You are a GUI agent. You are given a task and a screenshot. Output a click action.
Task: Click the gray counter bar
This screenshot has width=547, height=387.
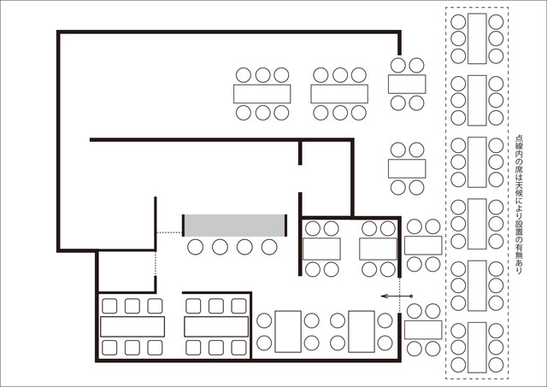tap(234, 226)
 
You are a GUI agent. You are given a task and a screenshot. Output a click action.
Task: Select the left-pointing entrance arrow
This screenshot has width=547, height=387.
tap(397, 296)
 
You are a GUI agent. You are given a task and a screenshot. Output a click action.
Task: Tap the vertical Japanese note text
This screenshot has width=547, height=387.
tap(519, 204)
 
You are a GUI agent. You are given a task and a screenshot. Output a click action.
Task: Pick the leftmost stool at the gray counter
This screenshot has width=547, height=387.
tap(195, 247)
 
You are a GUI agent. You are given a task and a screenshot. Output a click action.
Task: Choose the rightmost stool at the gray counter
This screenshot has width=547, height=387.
tap(269, 247)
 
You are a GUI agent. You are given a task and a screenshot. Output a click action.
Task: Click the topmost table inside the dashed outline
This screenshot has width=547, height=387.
tap(477, 38)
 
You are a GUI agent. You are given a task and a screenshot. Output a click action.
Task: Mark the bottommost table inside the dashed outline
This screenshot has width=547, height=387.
tap(477, 348)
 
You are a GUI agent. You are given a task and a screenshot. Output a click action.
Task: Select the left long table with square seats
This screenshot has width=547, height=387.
tap(132, 326)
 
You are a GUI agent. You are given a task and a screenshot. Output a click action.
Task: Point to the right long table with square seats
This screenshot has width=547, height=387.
tap(216, 326)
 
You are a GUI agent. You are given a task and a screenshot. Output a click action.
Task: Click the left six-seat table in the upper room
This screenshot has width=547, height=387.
tap(262, 94)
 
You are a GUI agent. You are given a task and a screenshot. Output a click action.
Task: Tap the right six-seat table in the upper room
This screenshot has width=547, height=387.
tap(339, 94)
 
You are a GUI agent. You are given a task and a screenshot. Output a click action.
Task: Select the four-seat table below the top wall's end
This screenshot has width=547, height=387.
tap(407, 84)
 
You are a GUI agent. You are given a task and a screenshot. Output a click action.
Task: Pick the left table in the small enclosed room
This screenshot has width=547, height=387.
tap(321, 249)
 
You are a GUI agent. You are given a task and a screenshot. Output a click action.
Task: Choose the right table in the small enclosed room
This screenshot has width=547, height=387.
tap(378, 249)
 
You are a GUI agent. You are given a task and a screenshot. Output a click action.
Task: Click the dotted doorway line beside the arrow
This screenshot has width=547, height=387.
tap(400, 295)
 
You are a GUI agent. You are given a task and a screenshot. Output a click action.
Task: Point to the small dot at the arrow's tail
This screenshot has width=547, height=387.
tap(412, 296)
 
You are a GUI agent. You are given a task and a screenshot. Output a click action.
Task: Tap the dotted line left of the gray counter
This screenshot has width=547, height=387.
tap(169, 232)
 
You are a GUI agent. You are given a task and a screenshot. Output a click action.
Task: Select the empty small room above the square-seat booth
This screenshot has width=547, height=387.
tap(126, 272)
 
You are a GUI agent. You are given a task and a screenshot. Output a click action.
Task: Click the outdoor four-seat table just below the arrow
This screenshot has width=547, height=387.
tap(423, 330)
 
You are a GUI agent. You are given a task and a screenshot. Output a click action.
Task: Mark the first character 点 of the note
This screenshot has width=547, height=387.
tap(519, 138)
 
